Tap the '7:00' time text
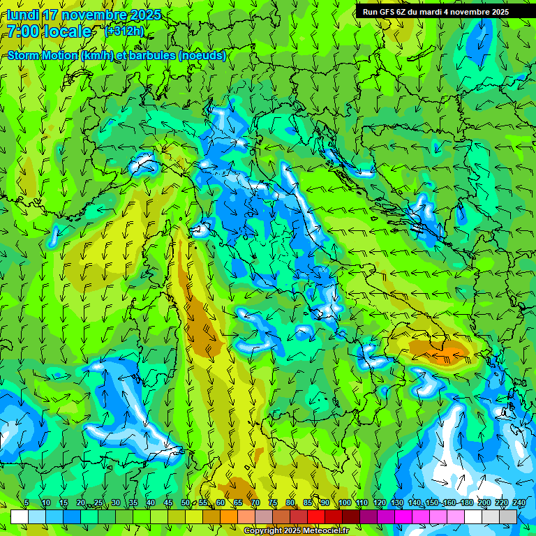23,31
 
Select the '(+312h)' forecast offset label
125,31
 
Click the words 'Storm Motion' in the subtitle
42,56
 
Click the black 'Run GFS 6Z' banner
435,12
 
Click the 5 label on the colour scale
27,502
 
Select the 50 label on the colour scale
185,502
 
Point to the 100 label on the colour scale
343,502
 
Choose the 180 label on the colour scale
466,502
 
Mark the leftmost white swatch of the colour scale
19,516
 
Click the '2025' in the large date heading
145,15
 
